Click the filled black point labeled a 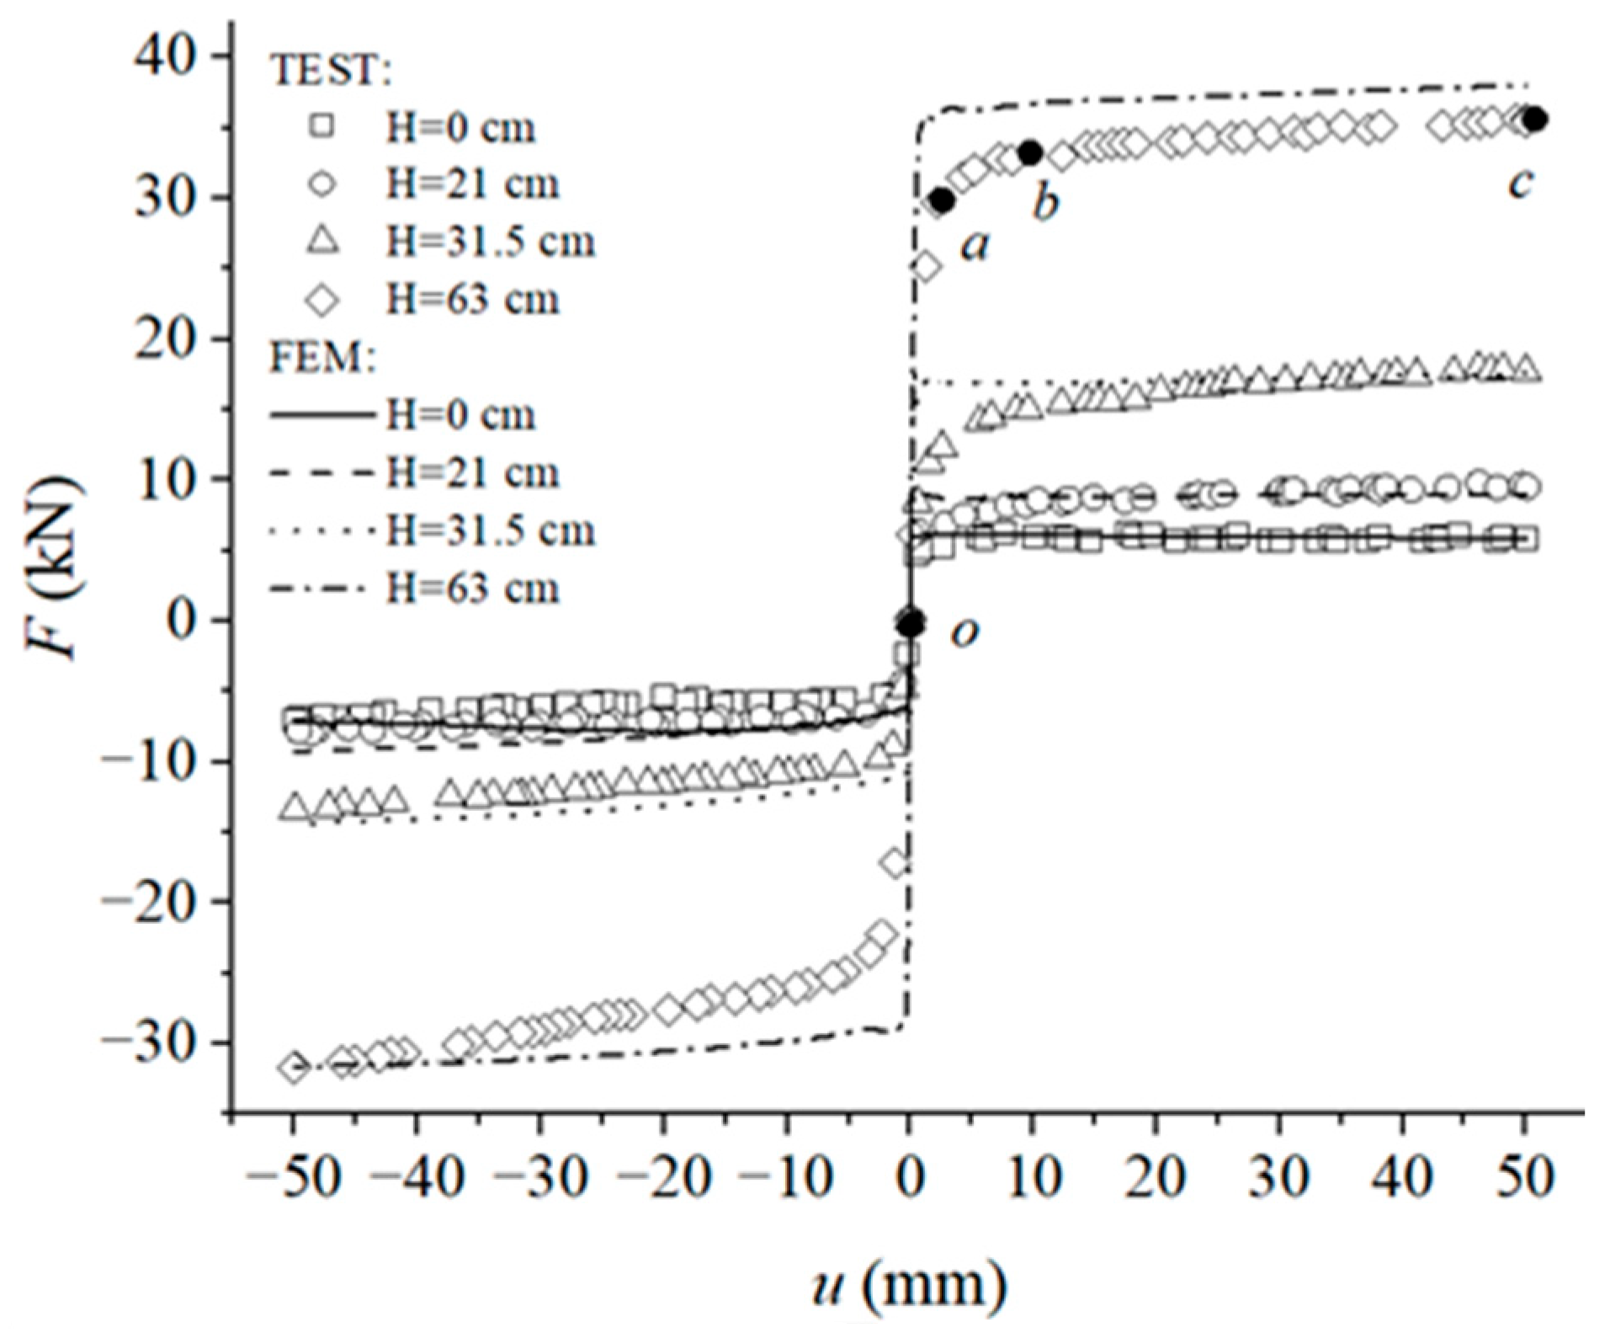[942, 201]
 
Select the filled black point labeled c [1536, 120]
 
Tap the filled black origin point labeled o [911, 624]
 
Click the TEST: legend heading [330, 70]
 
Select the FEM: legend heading [322, 359]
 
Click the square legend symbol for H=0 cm [322, 126]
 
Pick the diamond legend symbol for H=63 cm [322, 300]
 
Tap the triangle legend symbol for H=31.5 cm [322, 242]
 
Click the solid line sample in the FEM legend [320, 414]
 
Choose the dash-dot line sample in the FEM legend [320, 588]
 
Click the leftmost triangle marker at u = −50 [294, 808]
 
